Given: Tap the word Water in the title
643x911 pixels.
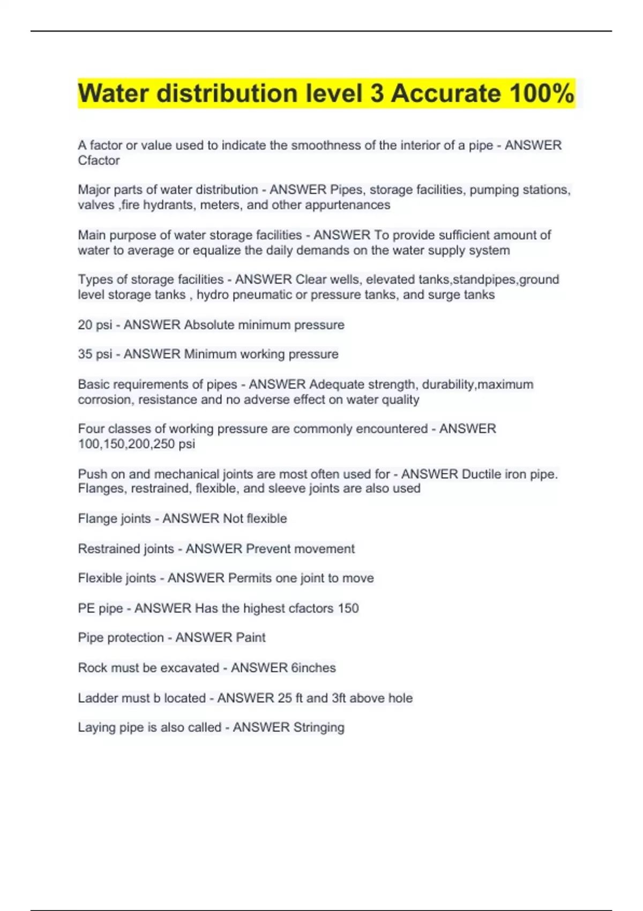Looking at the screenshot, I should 113,93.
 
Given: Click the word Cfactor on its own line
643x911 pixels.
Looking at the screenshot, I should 99,160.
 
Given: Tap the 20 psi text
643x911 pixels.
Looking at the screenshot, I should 95,325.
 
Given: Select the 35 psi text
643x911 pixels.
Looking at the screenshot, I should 95,354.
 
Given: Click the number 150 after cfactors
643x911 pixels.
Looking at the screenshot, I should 348,608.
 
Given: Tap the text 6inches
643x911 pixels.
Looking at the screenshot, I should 313,668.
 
